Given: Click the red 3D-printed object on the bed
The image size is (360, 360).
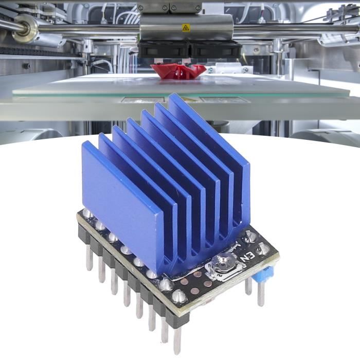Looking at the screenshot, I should (178, 71).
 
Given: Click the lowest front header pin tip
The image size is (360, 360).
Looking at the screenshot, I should (177, 342).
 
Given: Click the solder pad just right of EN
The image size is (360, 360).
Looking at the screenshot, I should (263, 249).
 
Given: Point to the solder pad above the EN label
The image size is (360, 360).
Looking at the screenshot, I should (250, 237).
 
